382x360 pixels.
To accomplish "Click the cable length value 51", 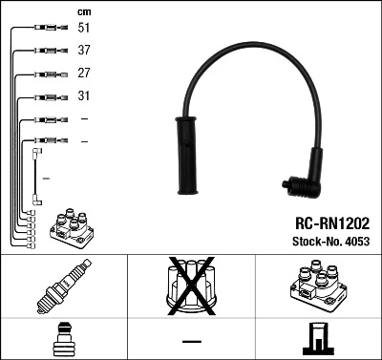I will tap(84, 29).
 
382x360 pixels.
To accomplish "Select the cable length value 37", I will tap(84, 51).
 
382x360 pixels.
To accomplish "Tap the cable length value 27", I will tap(84, 74).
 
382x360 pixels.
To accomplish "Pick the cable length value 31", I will tap(84, 96).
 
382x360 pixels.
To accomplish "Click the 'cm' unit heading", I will tap(84, 11).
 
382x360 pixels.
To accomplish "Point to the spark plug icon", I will tap(63, 287).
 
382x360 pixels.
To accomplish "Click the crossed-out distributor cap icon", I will tap(191, 286).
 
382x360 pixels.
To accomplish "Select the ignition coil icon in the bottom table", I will tap(317, 287).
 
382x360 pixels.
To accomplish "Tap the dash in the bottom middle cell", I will tap(191, 341).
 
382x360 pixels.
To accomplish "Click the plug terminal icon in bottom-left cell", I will tap(63, 340).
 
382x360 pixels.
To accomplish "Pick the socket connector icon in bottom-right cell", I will tap(317, 340).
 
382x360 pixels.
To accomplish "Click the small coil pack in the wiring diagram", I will tap(71, 226).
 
